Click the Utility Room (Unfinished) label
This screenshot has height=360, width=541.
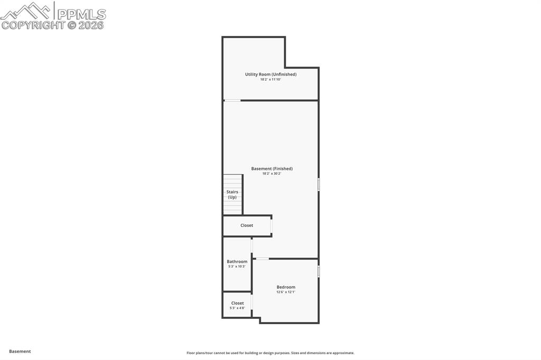coord(270,74)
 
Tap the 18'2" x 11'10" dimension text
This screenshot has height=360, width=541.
coord(270,80)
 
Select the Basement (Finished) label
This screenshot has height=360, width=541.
coord(272,169)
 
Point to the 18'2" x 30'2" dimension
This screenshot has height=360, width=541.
coord(272,174)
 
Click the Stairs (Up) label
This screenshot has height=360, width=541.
coord(232,194)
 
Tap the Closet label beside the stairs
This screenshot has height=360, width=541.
coord(247,225)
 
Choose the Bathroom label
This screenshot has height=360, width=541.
coord(237,261)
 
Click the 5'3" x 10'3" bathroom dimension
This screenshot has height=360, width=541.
coord(237,267)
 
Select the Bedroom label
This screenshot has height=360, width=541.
coord(286,287)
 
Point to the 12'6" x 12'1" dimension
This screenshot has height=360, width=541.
coord(286,292)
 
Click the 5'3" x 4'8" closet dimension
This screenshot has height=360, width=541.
coord(237,308)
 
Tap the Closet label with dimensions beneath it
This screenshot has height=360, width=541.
coord(237,303)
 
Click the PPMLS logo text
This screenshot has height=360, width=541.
coord(81,14)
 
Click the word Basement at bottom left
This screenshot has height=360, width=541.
coord(20,351)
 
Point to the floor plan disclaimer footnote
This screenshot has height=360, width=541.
coord(270,353)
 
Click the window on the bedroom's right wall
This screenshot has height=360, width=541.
coord(319,271)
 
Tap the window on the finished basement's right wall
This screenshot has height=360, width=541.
coord(319,184)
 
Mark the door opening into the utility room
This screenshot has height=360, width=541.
coord(232,100)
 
